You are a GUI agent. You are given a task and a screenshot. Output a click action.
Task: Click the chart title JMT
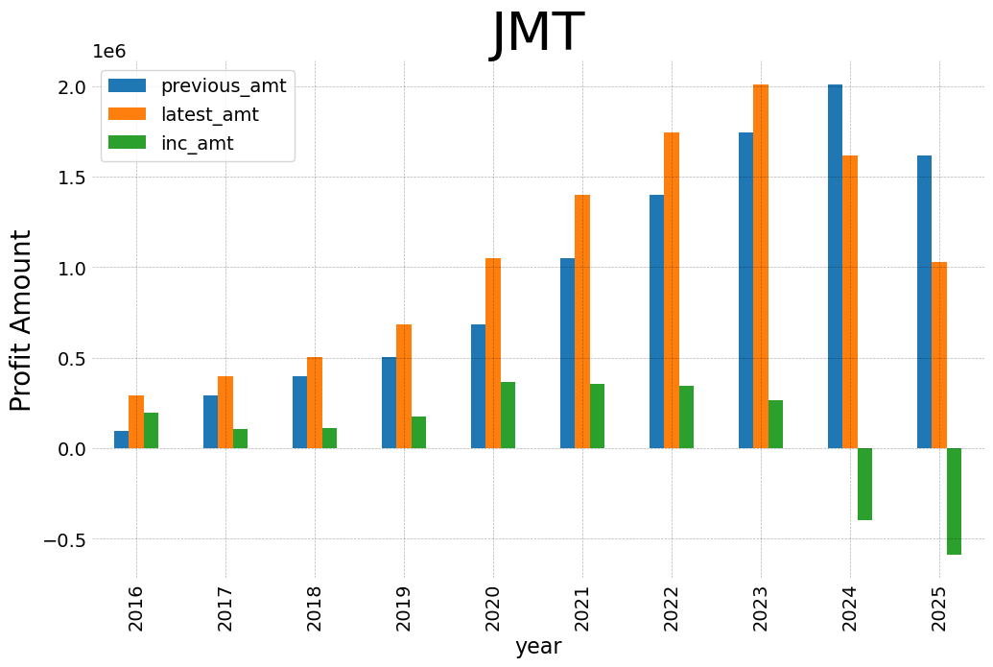pyautogui.click(x=537, y=33)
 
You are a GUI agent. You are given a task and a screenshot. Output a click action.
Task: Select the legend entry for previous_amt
pyautogui.click(x=223, y=85)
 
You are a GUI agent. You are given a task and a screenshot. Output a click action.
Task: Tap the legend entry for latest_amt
pyautogui.click(x=209, y=114)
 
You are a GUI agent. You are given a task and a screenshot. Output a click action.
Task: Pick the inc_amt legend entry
pyautogui.click(x=197, y=143)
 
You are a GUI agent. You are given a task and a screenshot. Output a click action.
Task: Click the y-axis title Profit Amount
pyautogui.click(x=21, y=321)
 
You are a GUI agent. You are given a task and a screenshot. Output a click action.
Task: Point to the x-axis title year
pyautogui.click(x=537, y=647)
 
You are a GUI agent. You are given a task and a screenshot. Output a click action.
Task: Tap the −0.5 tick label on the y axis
pyautogui.click(x=63, y=539)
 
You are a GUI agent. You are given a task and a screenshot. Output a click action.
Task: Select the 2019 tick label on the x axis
pyautogui.click(x=403, y=607)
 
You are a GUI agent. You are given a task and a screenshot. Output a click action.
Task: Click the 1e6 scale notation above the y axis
pyautogui.click(x=108, y=52)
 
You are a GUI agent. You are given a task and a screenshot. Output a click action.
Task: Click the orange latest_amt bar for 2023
pyautogui.click(x=761, y=267)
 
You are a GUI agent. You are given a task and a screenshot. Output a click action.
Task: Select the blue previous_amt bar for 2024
pyautogui.click(x=835, y=267)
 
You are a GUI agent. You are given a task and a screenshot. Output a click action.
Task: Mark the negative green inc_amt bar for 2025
pyautogui.click(x=954, y=501)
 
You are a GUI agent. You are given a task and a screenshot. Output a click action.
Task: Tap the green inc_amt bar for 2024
pyautogui.click(x=864, y=484)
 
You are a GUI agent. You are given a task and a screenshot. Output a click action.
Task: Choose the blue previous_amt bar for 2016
pyautogui.click(x=121, y=440)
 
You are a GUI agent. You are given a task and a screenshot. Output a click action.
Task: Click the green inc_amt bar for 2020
pyautogui.click(x=508, y=415)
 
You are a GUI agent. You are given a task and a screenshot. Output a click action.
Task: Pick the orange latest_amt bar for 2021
pyautogui.click(x=582, y=322)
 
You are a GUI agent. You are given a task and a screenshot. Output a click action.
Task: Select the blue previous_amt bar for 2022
pyautogui.click(x=656, y=322)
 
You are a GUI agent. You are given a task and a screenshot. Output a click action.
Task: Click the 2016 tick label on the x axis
pyautogui.click(x=135, y=607)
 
